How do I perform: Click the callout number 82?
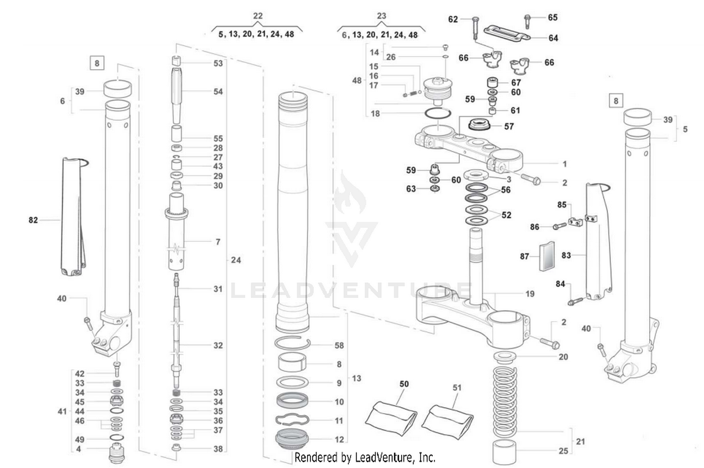[x=33, y=220]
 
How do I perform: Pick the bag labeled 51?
[x=447, y=420]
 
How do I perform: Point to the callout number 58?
[x=339, y=345]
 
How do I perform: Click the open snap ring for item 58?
[x=291, y=344]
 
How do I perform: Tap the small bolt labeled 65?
[x=527, y=21]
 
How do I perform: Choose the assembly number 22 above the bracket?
[x=258, y=16]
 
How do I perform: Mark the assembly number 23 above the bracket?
[x=381, y=16]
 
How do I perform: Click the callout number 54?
[x=218, y=92]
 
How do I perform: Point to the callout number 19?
[x=529, y=294]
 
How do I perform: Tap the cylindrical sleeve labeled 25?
[x=505, y=452]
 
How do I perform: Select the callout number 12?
[x=339, y=439]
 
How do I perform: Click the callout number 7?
[x=218, y=242]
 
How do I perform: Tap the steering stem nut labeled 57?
[x=480, y=125]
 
